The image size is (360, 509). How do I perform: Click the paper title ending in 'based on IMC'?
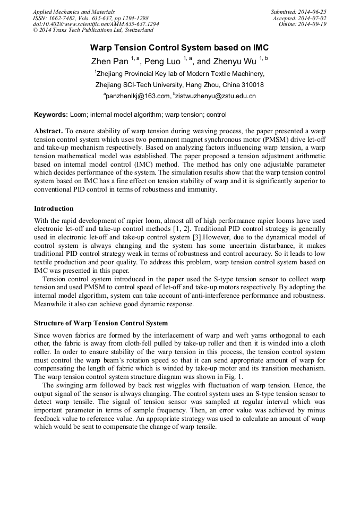[x=179, y=47]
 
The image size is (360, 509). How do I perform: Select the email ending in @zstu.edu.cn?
[x=216, y=96]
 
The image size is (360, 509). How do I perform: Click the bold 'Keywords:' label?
[x=51, y=115]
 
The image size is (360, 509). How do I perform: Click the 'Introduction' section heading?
[x=54, y=209]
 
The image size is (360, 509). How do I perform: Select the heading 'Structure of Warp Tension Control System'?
[x=101, y=323]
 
